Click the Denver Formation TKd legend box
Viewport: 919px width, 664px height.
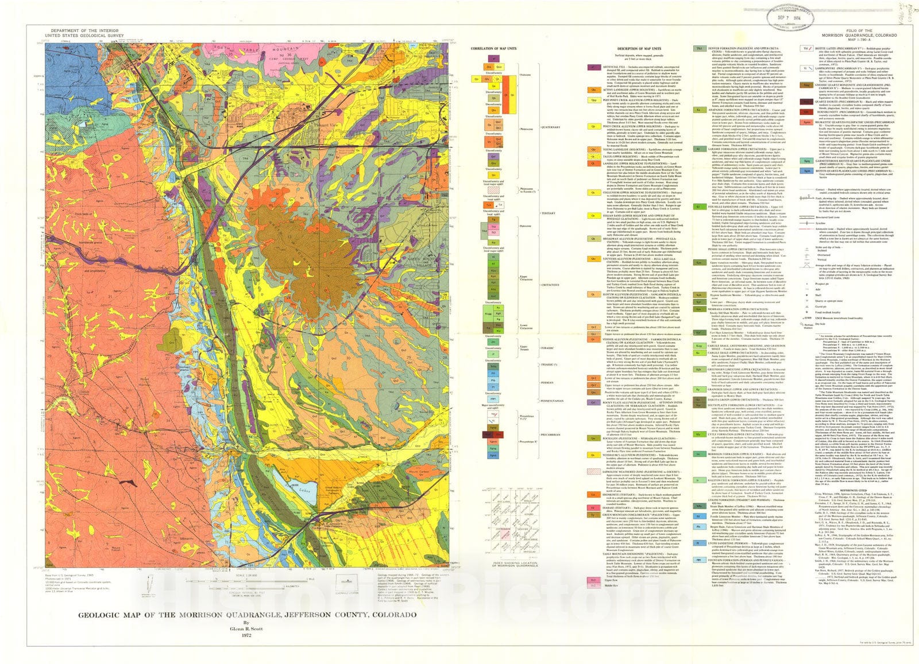tap(701, 49)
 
